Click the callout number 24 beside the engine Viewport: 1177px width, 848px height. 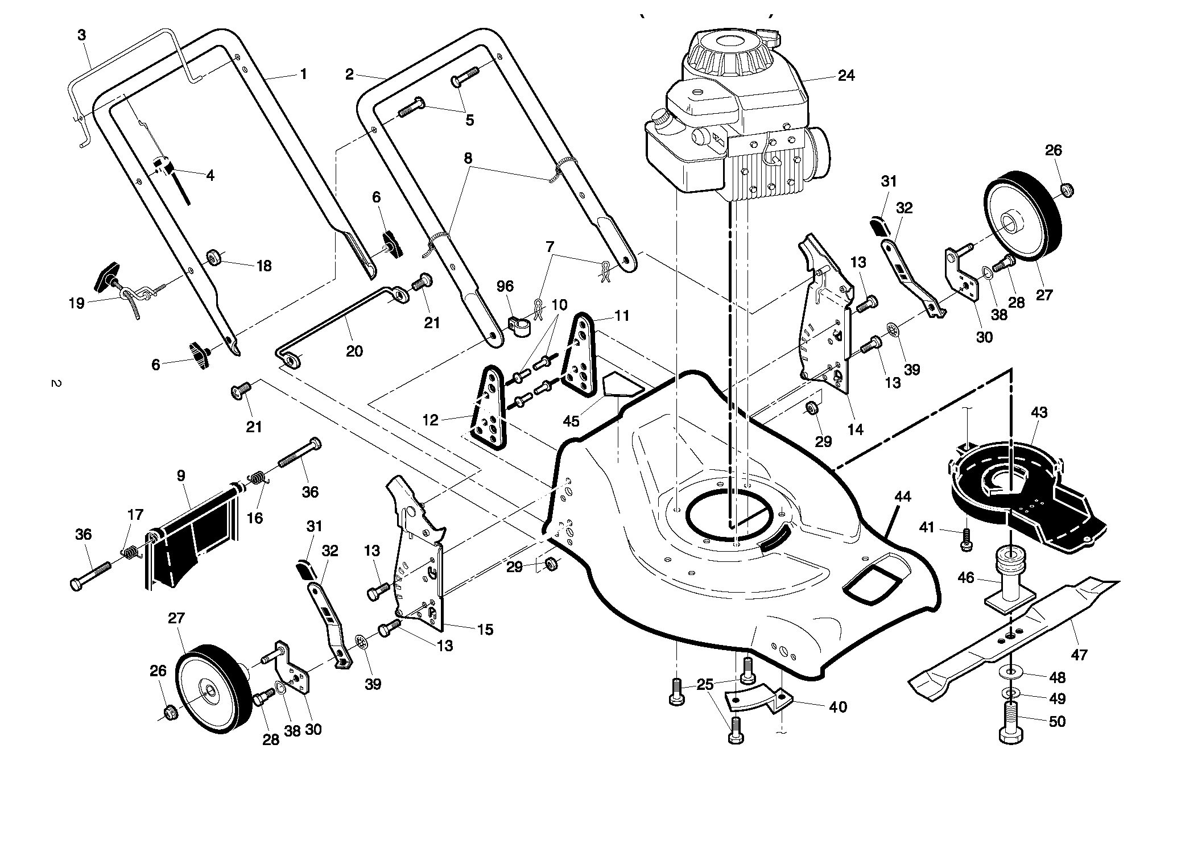click(846, 76)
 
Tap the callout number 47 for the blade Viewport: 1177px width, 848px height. click(1079, 655)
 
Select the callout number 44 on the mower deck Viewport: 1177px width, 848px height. click(902, 497)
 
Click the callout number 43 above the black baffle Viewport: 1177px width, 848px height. click(1039, 412)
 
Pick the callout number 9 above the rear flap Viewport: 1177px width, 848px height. click(181, 475)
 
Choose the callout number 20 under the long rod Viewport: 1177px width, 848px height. click(354, 351)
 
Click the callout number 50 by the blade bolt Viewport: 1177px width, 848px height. click(1057, 721)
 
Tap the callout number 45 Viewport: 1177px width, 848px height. click(571, 421)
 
